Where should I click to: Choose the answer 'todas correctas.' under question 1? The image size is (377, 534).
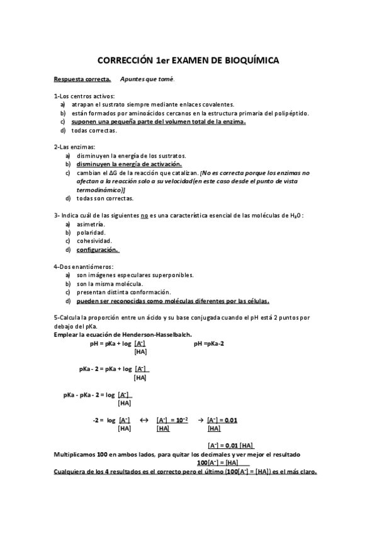94,130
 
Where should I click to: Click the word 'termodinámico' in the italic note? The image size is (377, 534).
100,190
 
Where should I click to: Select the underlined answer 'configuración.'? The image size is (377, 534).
98,250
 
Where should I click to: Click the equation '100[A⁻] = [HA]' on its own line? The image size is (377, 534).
223,462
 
